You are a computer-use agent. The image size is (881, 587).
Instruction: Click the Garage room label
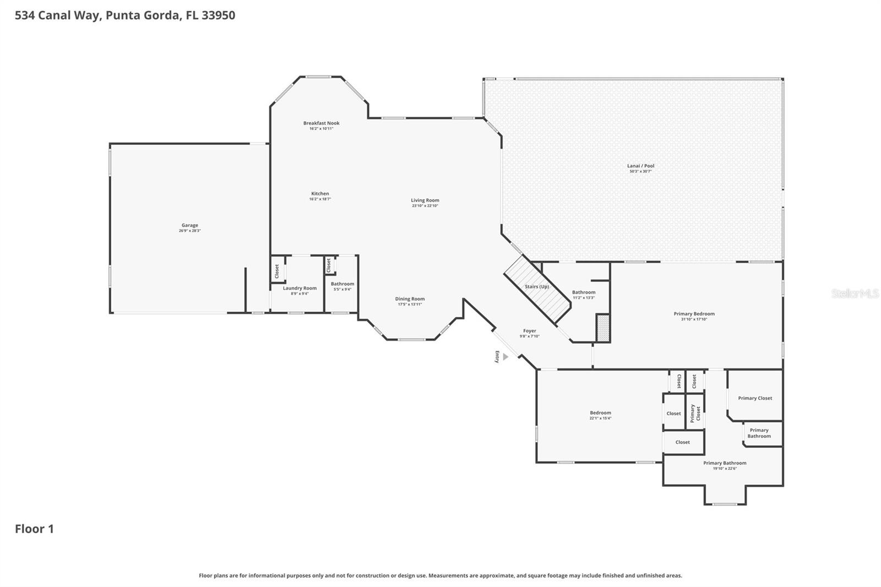[x=189, y=225]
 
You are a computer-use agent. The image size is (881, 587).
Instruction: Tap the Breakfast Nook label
[x=321, y=123]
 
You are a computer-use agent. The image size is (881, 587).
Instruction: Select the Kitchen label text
[x=320, y=194]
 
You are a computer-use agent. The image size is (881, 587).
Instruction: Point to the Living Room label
[x=425, y=200]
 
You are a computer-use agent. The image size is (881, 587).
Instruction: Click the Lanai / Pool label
[x=640, y=166]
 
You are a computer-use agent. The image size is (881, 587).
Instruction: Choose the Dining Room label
[x=410, y=299]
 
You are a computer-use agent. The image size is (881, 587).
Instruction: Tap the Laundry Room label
[x=300, y=288]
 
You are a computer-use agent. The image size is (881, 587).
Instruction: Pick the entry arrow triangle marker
[x=505, y=357]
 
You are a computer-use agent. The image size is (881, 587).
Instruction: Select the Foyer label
[x=529, y=331]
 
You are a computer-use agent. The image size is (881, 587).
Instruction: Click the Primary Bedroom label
[x=694, y=314]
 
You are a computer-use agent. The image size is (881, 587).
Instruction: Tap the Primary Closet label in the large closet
[x=755, y=398]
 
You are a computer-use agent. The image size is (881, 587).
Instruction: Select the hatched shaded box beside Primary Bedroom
[x=603, y=328]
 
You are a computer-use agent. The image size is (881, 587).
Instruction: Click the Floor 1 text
[x=34, y=529]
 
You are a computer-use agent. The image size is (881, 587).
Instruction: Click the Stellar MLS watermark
[x=855, y=293]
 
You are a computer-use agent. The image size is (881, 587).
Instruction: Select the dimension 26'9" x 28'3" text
[x=189, y=231]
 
